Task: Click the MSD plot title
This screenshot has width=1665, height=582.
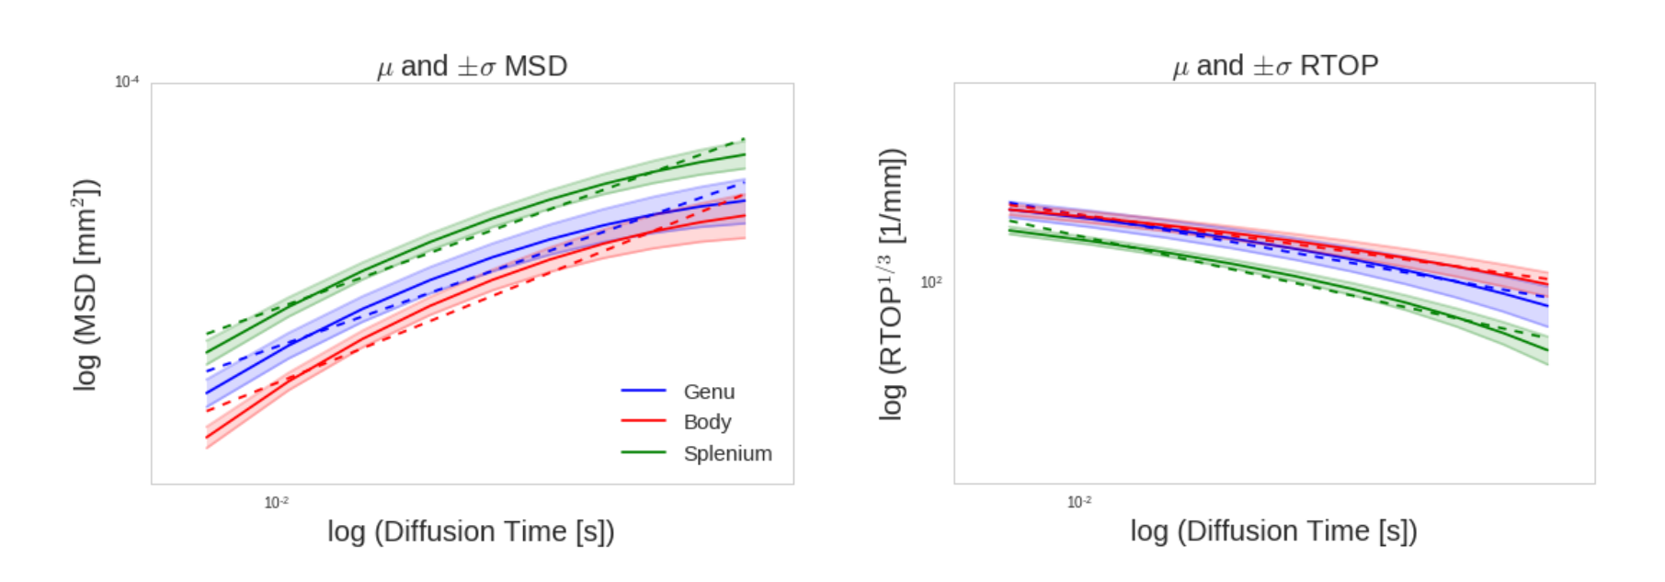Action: pos(472,66)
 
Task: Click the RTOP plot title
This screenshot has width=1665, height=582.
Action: pos(1275,65)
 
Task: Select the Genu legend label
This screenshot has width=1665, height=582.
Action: pos(709,392)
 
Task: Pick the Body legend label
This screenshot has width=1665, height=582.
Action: pos(707,422)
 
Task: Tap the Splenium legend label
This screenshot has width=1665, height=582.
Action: pos(727,453)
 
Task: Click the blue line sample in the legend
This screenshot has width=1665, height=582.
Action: pos(643,391)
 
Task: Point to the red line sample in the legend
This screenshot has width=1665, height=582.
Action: pos(643,421)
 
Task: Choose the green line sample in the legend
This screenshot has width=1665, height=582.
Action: pos(643,452)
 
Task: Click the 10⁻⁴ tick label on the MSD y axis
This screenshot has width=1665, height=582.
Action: pos(127,82)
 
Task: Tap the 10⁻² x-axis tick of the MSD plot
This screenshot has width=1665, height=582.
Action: pos(277,502)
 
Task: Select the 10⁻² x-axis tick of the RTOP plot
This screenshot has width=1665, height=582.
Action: pos(1079,502)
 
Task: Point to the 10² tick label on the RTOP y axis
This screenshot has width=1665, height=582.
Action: pos(931,282)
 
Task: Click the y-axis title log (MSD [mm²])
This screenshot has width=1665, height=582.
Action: pos(86,285)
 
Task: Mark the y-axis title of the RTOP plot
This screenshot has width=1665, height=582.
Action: pos(892,285)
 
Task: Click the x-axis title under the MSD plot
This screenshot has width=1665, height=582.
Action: pos(471,531)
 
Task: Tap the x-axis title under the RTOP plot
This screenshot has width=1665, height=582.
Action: pos(1273,531)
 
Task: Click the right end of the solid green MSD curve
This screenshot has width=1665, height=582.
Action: pos(744,154)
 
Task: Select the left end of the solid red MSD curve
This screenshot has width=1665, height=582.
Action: pos(207,438)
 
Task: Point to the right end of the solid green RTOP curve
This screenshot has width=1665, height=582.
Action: pos(1547,350)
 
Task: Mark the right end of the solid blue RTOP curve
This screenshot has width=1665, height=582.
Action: pos(1547,305)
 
